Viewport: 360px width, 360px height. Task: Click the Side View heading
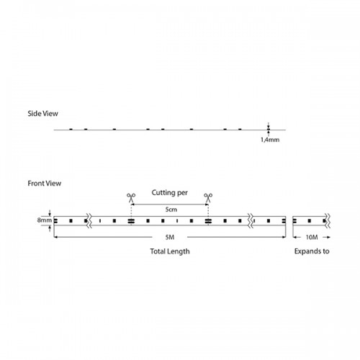[x=42, y=114]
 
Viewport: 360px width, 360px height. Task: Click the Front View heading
[x=45, y=184]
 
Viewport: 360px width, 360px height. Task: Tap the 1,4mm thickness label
[x=270, y=140]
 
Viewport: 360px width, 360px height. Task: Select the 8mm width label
[x=45, y=220]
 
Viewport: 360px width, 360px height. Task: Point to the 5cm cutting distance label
[x=171, y=210]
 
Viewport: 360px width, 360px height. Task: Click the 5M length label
[x=170, y=237]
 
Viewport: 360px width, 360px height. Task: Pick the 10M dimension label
[x=312, y=237]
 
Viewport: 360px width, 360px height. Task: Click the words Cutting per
[x=170, y=193]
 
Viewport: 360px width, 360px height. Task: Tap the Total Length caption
[x=170, y=251]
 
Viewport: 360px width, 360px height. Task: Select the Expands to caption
[x=312, y=251]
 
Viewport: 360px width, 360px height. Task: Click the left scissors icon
[x=131, y=197]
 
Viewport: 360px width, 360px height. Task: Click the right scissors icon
[x=208, y=197]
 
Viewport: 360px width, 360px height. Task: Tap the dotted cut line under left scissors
[x=131, y=210]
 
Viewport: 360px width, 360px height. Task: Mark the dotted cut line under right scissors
[x=208, y=210]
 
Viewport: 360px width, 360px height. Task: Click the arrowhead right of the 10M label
[x=328, y=237]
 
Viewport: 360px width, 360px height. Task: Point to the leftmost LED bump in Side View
[x=71, y=129]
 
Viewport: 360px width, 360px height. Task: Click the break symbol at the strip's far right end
[x=328, y=221]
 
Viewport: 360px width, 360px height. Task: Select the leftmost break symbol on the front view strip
[x=89, y=221]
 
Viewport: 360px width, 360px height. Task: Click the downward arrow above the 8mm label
[x=50, y=213]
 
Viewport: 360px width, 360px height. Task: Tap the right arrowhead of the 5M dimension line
[x=284, y=237]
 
